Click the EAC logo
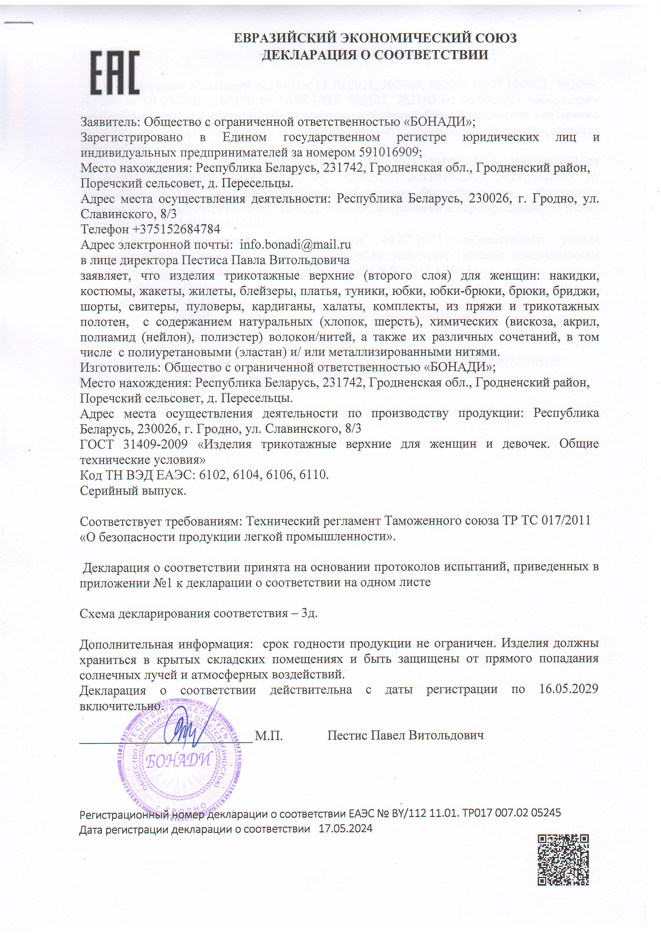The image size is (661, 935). (115, 72)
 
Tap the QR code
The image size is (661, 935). (563, 860)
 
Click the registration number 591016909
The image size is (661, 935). (390, 152)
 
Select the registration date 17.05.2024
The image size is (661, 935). (345, 829)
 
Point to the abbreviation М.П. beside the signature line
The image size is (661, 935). (268, 735)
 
